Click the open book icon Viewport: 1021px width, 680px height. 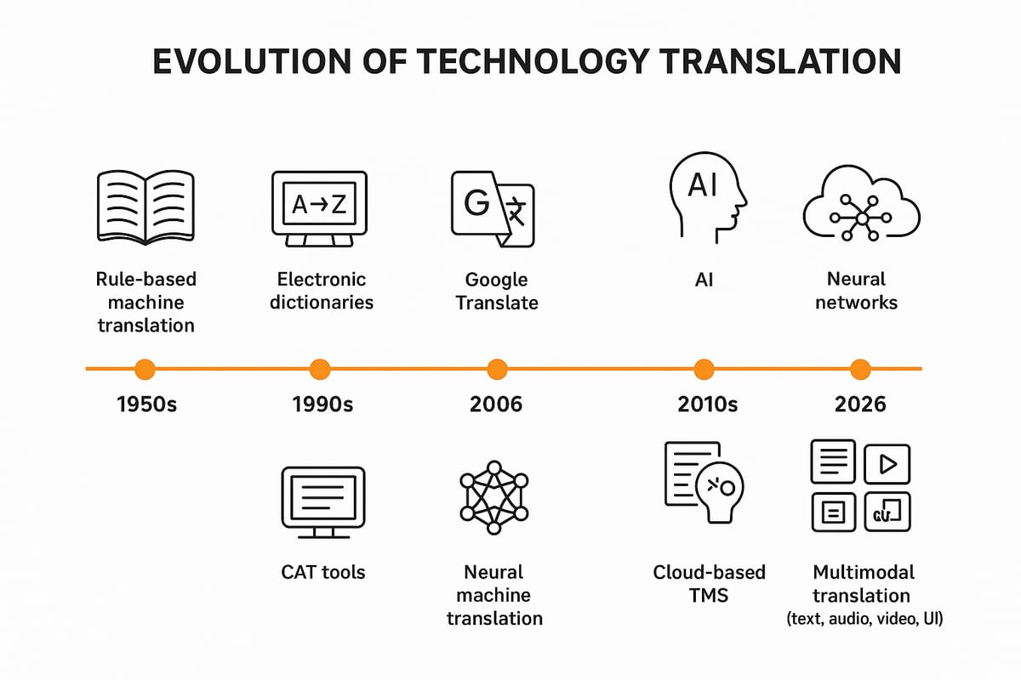pos(145,205)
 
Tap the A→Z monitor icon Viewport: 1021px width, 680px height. pos(319,207)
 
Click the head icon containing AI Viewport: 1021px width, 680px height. pos(705,195)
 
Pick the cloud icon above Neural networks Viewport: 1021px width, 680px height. pos(861,205)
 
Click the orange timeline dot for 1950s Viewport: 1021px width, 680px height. pos(145,369)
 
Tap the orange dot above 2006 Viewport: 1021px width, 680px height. pos(497,369)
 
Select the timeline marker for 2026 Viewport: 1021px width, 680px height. pos(861,369)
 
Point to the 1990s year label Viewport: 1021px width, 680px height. pos(322,405)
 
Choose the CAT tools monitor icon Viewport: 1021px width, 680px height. pos(322,502)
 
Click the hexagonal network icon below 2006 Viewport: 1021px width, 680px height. pos(494,498)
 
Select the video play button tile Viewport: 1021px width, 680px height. pos(887,463)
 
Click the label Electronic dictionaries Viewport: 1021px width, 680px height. pos(322,291)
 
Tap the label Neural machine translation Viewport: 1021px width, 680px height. pos(494,594)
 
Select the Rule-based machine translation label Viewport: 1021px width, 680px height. pos(145,302)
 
